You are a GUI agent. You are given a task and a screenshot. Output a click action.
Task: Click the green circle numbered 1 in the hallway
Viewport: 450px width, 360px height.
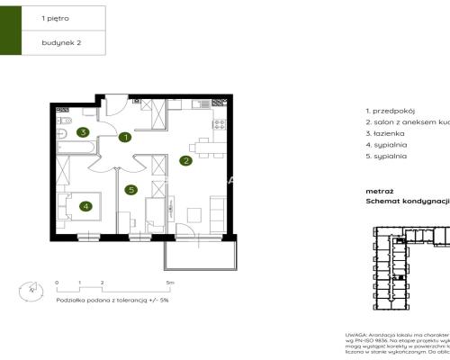126,138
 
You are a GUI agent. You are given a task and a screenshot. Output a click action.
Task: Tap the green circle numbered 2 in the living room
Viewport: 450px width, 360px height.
184,161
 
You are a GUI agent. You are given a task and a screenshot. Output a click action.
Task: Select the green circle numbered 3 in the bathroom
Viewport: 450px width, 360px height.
82,133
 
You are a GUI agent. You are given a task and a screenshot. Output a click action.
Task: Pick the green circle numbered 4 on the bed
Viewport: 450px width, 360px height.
85,205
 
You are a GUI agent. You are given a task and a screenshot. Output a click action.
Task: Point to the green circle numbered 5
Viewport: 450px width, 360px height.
131,190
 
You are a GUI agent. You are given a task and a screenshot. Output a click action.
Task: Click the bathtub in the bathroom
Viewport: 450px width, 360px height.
65,138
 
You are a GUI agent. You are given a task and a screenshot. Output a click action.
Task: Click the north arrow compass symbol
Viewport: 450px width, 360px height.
32,290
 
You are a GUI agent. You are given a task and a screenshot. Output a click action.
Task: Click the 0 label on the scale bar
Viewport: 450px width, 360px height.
57,282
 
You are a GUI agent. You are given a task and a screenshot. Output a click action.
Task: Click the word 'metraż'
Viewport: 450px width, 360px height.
379,191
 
